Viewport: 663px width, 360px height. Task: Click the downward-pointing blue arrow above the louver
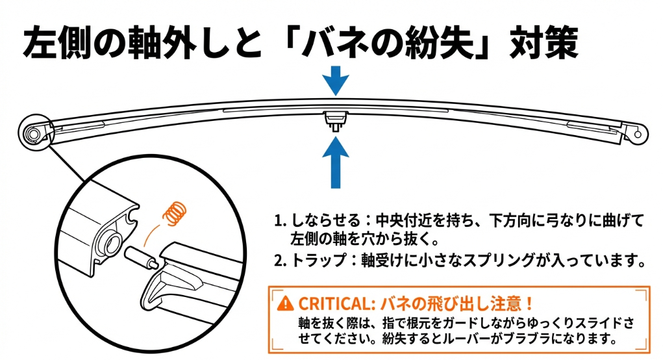335,79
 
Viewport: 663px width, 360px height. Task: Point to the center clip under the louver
335,120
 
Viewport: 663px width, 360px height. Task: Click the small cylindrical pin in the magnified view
142,255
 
